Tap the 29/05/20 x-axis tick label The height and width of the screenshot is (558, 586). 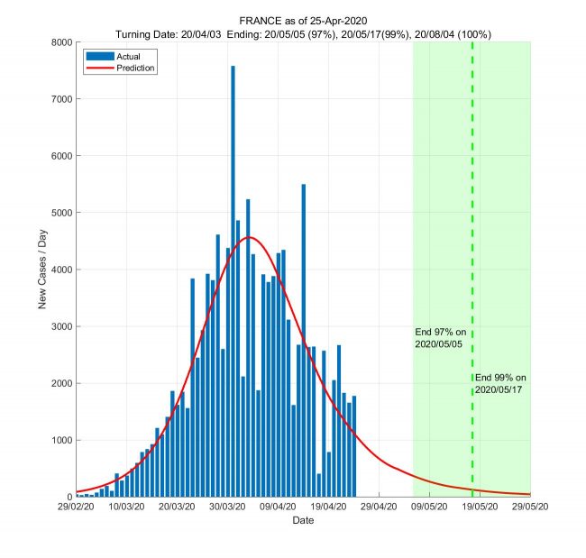[529, 508]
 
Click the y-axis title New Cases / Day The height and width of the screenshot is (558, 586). [41, 270]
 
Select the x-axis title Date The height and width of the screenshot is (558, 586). [303, 521]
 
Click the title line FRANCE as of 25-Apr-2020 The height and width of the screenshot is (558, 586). [303, 20]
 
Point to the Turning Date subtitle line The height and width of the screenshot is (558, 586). [303, 33]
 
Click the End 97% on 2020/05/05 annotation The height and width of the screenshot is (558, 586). [440, 338]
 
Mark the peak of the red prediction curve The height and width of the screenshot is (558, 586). [250, 237]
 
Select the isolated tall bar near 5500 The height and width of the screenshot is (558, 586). [303, 343]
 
